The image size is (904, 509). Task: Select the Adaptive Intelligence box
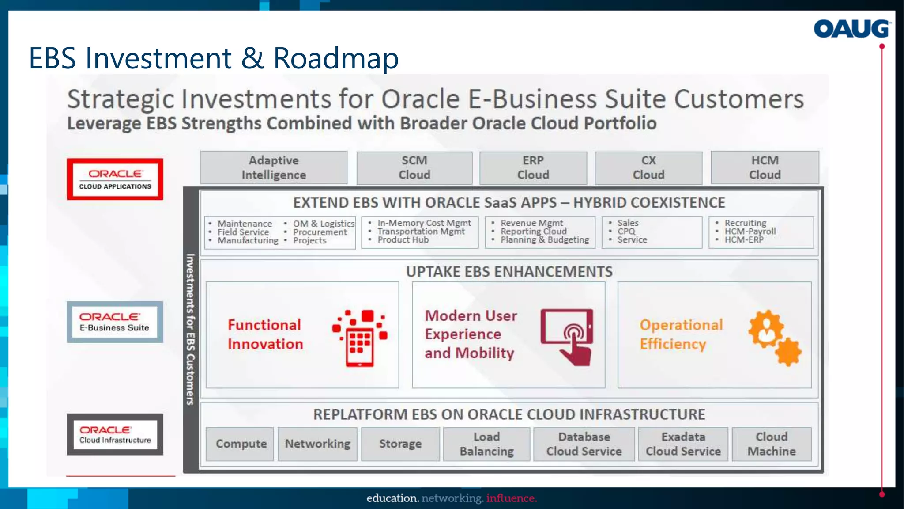point(274,167)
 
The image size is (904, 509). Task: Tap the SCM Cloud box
point(414,167)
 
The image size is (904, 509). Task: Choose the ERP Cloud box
point(533,167)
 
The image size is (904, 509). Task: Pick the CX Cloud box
point(648,167)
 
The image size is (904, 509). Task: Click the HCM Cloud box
point(765,167)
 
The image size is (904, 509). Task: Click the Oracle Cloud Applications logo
point(115,179)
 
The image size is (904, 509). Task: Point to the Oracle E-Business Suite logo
point(115,322)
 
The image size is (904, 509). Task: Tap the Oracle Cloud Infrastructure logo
point(115,434)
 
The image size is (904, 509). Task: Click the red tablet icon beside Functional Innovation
point(360,338)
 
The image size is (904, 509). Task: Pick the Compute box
point(241,444)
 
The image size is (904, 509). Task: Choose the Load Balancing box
point(486,444)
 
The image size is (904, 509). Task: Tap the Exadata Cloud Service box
point(683,444)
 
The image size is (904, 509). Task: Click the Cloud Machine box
point(771,444)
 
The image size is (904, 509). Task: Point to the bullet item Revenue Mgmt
point(531,223)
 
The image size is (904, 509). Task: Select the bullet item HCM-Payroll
point(750,231)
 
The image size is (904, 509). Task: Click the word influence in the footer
point(511,498)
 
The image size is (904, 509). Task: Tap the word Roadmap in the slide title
point(336,58)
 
